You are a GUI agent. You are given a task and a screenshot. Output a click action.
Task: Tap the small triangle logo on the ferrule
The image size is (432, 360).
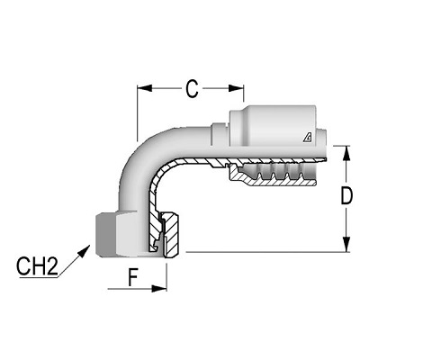(x=308, y=136)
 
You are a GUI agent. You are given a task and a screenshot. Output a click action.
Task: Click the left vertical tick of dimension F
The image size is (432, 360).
(x=107, y=283)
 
